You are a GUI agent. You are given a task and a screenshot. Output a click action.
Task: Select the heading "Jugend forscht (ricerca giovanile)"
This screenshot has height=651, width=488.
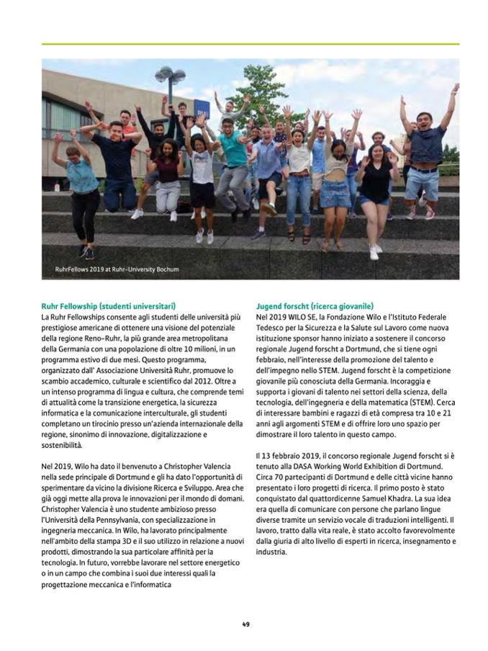click(315, 306)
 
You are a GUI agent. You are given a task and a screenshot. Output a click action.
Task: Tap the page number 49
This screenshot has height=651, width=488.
click(245, 624)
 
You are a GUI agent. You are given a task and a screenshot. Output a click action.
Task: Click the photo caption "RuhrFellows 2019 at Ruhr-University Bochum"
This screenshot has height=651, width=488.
click(117, 270)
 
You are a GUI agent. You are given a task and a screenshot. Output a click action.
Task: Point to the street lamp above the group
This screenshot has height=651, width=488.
click(170, 75)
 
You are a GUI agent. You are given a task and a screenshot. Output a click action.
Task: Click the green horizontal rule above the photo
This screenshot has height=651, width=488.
click(250, 44)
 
